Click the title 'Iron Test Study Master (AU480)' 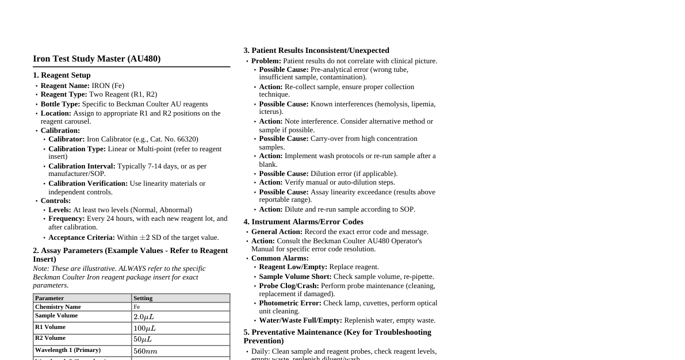(97, 59)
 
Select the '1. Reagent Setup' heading (62, 75)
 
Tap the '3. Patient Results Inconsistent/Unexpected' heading (316, 51)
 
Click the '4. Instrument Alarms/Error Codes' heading (303, 222)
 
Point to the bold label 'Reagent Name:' (65, 86)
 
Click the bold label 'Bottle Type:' (60, 104)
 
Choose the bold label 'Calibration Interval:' (82, 166)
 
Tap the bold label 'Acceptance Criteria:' (82, 238)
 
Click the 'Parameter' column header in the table (49, 298)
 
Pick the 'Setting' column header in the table (143, 298)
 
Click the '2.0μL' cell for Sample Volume (144, 317)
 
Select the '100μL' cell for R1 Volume (144, 328)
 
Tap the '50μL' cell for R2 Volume (143, 339)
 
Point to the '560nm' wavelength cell (146, 351)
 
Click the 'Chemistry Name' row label (58, 307)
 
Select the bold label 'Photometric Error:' (290, 303)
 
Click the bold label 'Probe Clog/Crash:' (289, 286)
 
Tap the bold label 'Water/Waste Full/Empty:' (300, 320)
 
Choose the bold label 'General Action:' (277, 232)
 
